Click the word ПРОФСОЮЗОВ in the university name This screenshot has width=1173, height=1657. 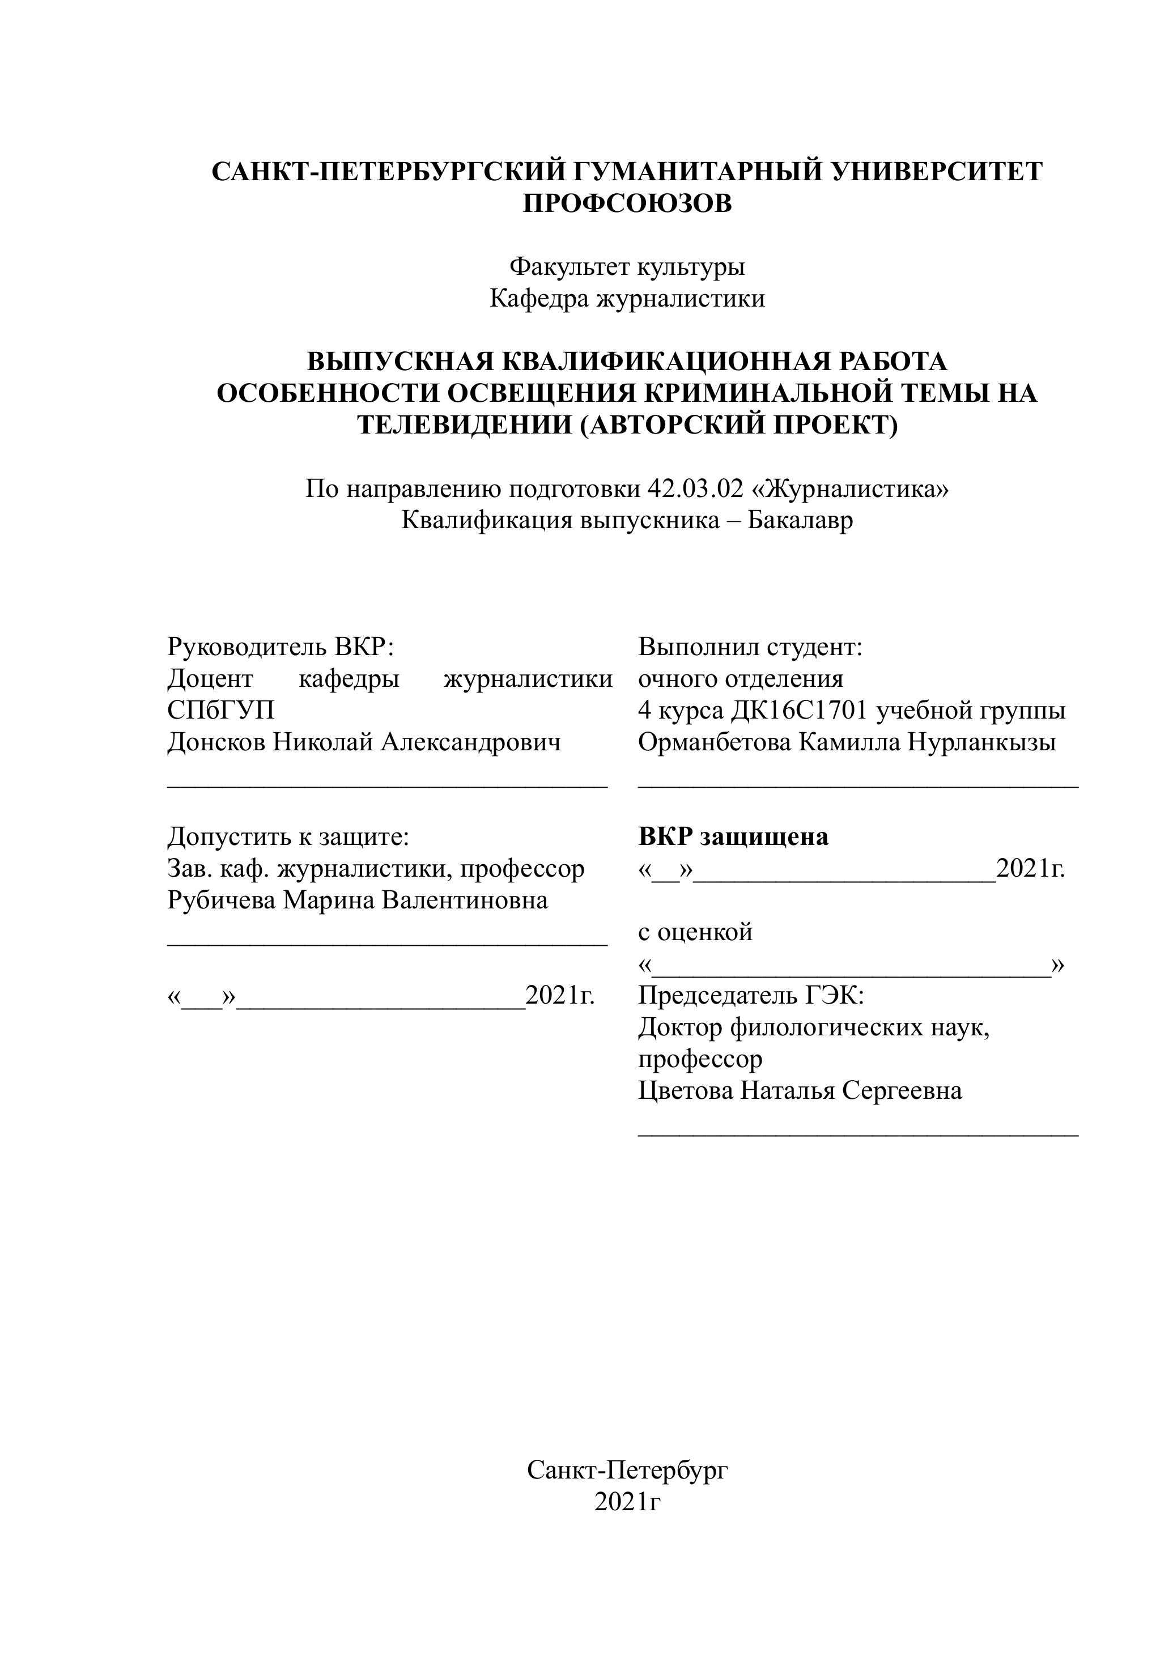pyautogui.click(x=627, y=203)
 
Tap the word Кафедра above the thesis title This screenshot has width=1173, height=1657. pyautogui.click(x=539, y=298)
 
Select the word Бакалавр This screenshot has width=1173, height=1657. pyautogui.click(x=800, y=520)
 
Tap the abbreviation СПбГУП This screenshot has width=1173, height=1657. pyautogui.click(x=221, y=710)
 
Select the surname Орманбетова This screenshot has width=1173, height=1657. pyautogui.click(x=715, y=742)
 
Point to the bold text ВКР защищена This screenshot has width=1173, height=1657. pyautogui.click(x=733, y=836)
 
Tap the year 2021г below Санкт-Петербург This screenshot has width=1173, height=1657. pyautogui.click(x=627, y=1502)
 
